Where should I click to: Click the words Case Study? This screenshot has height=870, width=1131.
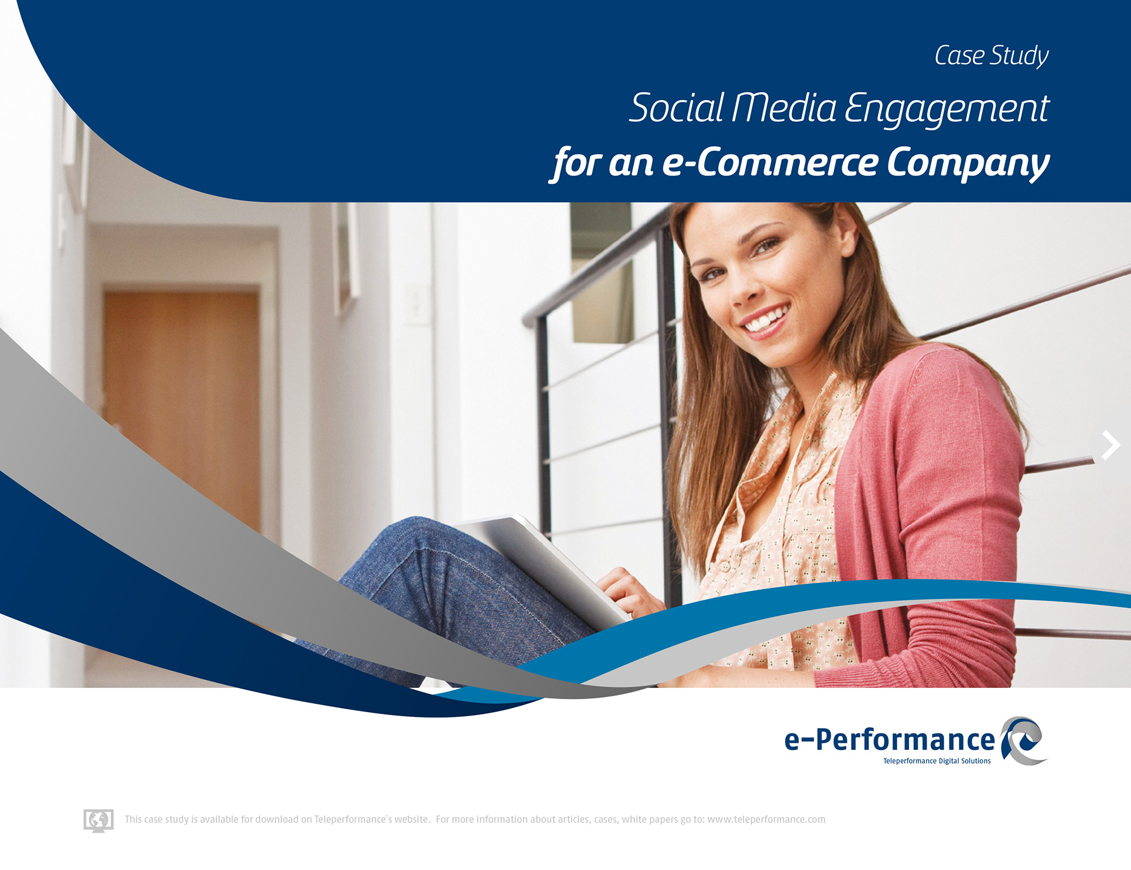click(x=991, y=56)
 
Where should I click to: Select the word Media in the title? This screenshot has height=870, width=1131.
click(x=783, y=108)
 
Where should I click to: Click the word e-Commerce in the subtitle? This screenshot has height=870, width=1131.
click(x=770, y=163)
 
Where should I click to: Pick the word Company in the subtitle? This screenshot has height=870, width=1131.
click(x=968, y=164)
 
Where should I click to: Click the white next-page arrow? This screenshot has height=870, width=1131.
click(x=1110, y=445)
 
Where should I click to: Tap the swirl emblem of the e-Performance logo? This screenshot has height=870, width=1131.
click(x=1024, y=741)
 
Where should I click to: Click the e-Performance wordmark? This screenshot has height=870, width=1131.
click(x=889, y=740)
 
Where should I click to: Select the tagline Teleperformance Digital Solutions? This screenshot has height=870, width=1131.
click(x=937, y=761)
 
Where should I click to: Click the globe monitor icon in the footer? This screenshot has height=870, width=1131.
click(x=98, y=821)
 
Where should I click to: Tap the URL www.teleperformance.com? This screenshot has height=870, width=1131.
click(x=766, y=819)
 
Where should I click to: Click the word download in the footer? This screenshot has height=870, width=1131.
click(x=277, y=819)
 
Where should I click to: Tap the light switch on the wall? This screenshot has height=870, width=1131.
click(x=418, y=303)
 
